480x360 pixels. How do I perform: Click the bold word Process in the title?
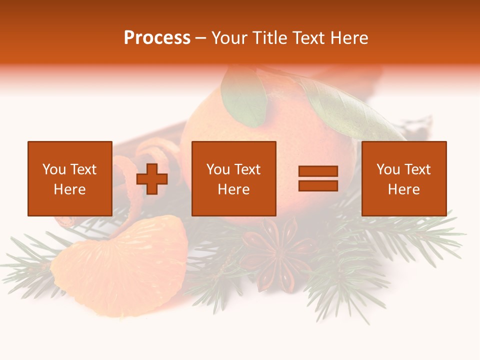click(x=157, y=38)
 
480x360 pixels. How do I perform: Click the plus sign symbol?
click(x=152, y=178)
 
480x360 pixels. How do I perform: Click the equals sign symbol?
click(x=318, y=178)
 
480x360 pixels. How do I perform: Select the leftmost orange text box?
click(x=69, y=178)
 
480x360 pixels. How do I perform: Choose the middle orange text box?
click(x=233, y=178)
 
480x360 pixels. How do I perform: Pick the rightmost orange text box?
click(x=403, y=178)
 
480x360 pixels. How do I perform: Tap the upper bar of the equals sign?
click(x=318, y=171)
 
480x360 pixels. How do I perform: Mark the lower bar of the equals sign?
click(x=318, y=185)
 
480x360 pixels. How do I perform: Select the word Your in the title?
click(x=229, y=38)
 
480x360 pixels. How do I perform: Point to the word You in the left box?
click(x=54, y=169)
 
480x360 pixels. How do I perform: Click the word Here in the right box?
click(x=403, y=189)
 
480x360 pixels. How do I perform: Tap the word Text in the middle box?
click(x=247, y=169)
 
